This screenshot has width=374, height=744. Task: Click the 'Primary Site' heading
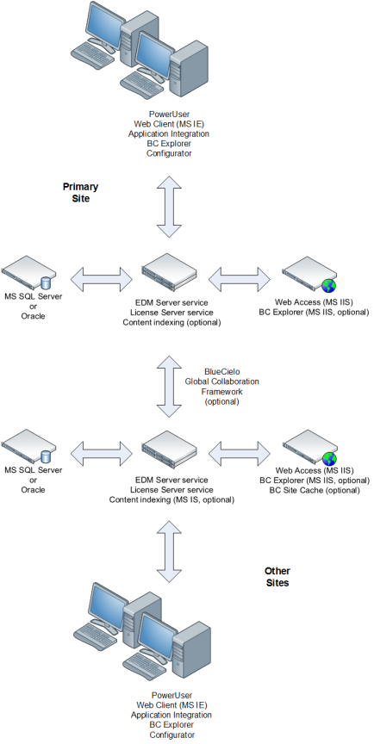[80, 192]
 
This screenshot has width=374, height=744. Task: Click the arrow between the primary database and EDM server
[100, 277]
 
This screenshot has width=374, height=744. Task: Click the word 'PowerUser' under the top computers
[169, 113]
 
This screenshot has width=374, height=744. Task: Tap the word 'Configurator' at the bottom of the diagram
[170, 735]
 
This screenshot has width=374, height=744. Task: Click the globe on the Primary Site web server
[327, 284]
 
